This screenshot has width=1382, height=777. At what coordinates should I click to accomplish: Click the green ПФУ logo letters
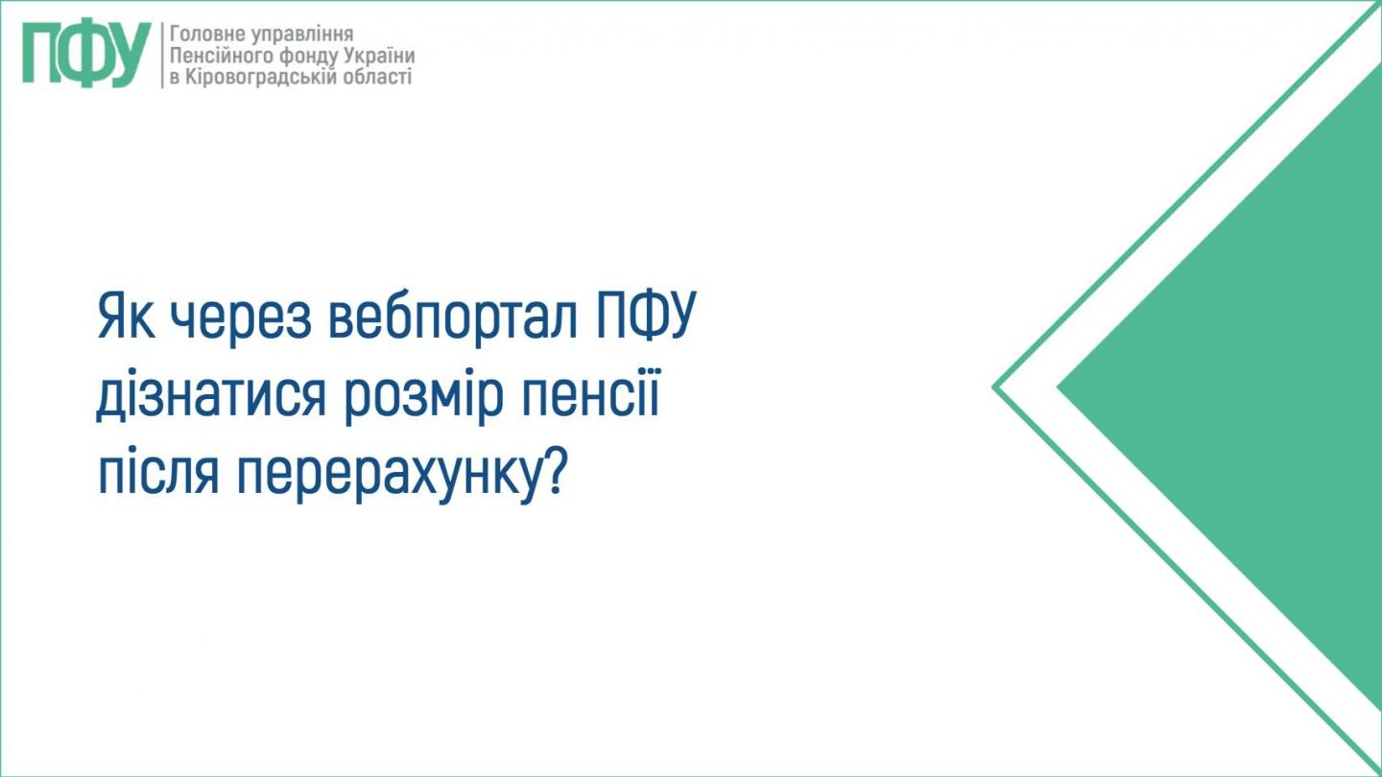pyautogui.click(x=86, y=55)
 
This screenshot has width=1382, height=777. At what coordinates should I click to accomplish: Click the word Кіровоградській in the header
pyautogui.click(x=250, y=77)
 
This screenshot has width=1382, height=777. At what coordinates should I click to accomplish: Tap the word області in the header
pyautogui.click(x=376, y=77)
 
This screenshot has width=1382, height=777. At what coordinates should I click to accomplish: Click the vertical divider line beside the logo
pyautogui.click(x=161, y=55)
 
